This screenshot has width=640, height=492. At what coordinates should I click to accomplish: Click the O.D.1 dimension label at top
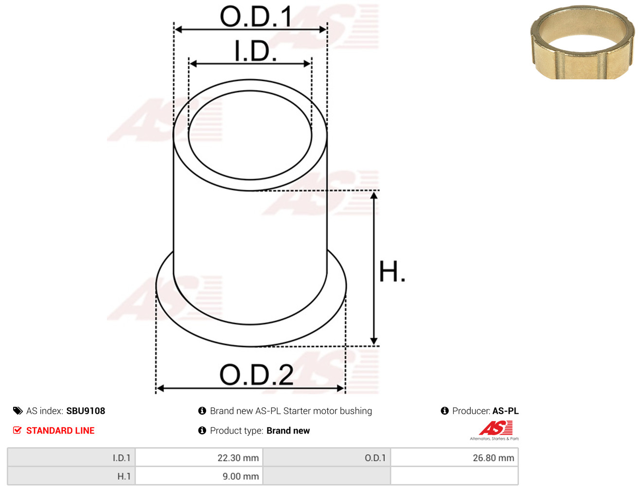[256, 17]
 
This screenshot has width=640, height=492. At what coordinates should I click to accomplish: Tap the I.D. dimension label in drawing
[255, 51]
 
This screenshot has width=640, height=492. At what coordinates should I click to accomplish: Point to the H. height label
[392, 272]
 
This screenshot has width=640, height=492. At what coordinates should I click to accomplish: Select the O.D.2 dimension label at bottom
[256, 375]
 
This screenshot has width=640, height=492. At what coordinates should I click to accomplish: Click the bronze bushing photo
[582, 42]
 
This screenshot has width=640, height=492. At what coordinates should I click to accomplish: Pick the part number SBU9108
[86, 411]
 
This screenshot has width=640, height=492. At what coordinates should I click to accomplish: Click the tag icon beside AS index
[18, 411]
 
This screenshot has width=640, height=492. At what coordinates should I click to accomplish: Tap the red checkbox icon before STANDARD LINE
[18, 430]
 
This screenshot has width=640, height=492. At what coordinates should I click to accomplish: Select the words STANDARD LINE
[60, 430]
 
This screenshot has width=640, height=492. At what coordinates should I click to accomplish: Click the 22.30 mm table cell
[199, 457]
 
